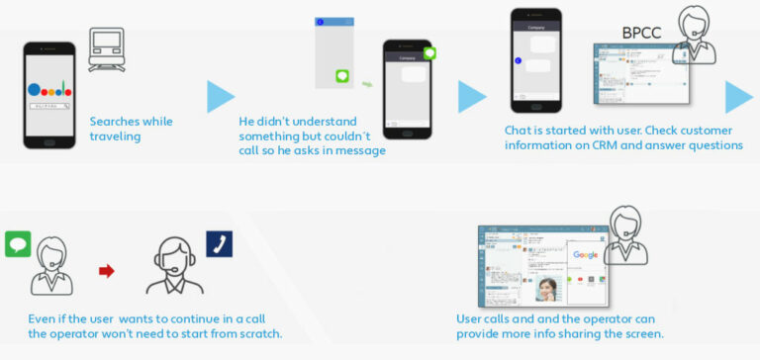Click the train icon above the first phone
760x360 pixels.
pos(106,47)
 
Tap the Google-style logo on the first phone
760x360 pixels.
pos(50,89)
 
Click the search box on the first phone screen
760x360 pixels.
pos(50,105)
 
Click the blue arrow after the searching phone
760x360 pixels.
pos(221,97)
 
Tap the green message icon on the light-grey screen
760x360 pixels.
pos(342,76)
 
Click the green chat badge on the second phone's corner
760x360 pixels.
pos(429,52)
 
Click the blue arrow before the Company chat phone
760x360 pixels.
pos(472,96)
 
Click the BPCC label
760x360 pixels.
pos(641,34)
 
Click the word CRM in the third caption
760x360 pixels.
pos(616,145)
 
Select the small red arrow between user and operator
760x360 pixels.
pos(106,270)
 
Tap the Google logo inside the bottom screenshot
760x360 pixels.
pos(585,255)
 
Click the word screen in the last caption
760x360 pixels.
pos(640,333)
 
